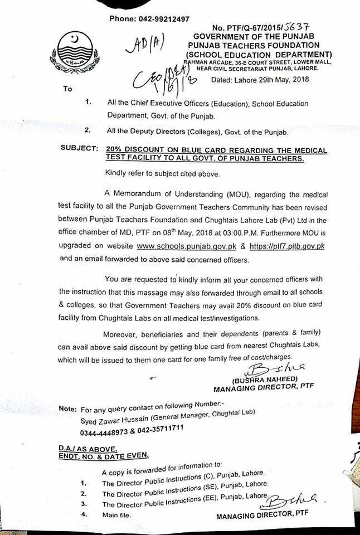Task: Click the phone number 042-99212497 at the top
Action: pyautogui.click(x=165, y=19)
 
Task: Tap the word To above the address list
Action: pyautogui.click(x=68, y=89)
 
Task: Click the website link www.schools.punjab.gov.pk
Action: pyautogui.click(x=184, y=245)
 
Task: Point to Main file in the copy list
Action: pyautogui.click(x=116, y=515)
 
